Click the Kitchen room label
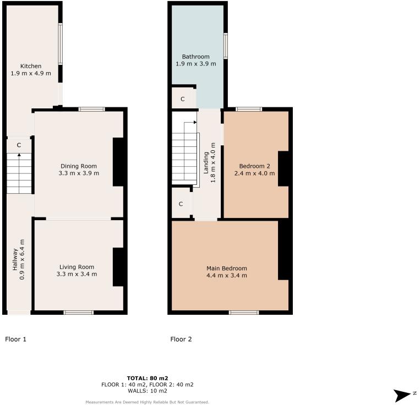point(31,66)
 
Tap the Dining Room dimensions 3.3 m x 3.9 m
point(78,173)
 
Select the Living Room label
point(78,267)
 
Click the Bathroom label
point(195,57)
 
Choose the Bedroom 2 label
point(254,166)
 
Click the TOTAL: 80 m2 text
point(147,378)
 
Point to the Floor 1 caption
point(15,339)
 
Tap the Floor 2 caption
point(181,339)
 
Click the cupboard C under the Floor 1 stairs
point(19,145)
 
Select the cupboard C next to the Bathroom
point(183,99)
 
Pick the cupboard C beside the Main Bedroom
point(181,204)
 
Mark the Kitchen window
point(61,45)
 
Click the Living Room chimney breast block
point(118,267)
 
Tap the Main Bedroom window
point(244,313)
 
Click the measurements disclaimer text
point(147,402)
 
